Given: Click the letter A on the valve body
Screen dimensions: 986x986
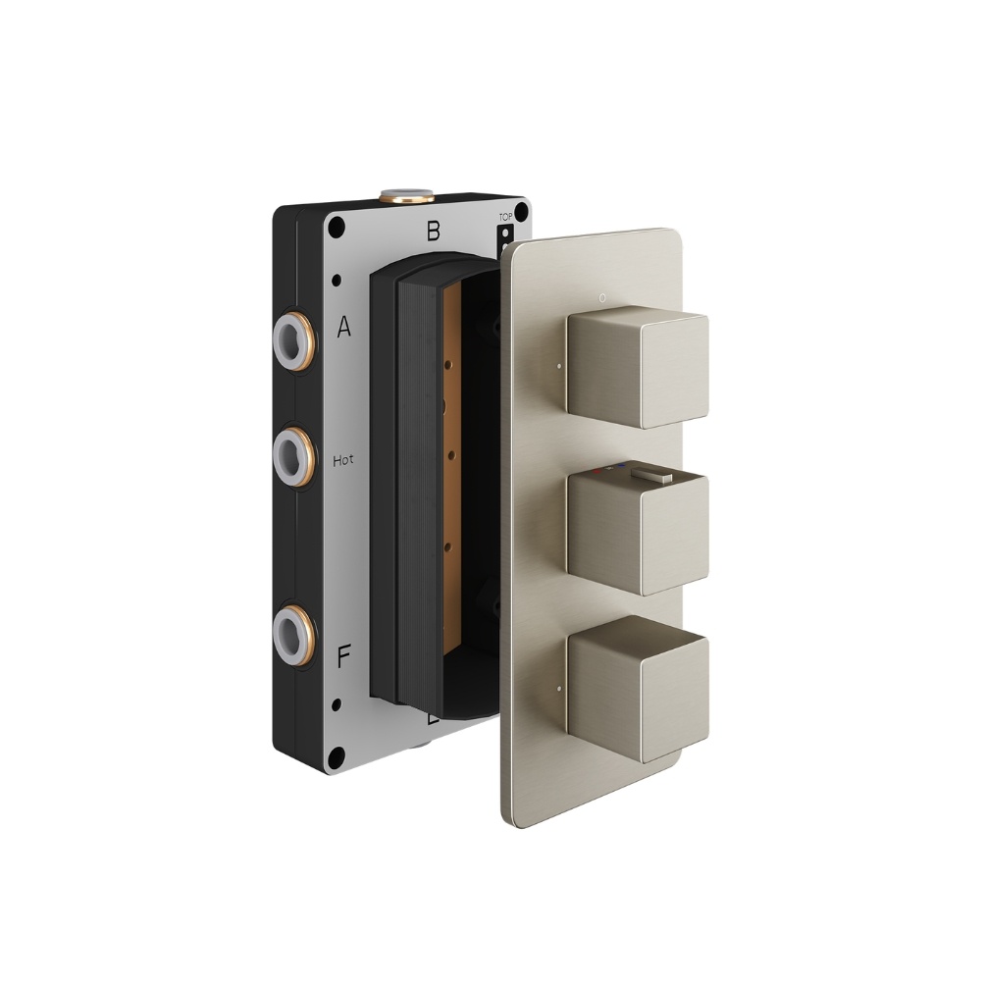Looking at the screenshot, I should (x=343, y=328).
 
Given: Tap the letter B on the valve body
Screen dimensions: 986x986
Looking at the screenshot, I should (x=432, y=233).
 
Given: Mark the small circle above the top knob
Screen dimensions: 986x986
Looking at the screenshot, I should (x=602, y=294).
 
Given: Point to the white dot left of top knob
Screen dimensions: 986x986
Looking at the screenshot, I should (x=557, y=371).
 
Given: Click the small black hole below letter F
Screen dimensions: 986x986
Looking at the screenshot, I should (x=337, y=703).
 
